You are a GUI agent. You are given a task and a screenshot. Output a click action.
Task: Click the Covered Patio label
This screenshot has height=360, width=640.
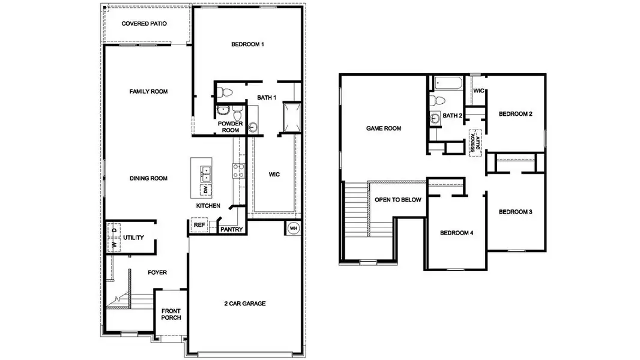pyautogui.click(x=144, y=24)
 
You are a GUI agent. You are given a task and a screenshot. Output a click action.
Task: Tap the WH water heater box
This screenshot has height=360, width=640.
pyautogui.click(x=294, y=228)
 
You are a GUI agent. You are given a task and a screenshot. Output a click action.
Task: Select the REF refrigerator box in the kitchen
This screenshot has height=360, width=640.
pyautogui.click(x=198, y=226)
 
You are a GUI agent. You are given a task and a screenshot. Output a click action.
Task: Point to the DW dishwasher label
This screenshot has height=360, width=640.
pyautogui.click(x=205, y=190)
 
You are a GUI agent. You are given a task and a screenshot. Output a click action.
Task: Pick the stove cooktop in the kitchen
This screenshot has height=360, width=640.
pyautogui.click(x=238, y=171)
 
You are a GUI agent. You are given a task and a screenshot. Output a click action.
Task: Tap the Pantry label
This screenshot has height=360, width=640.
pyautogui.click(x=231, y=229)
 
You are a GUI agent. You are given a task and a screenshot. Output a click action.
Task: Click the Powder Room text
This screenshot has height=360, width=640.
pyautogui.click(x=230, y=127)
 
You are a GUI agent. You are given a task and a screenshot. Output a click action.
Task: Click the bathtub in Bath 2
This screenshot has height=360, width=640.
pyautogui.click(x=445, y=83)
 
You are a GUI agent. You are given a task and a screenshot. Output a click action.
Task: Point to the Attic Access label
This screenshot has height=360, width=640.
pyautogui.click(x=476, y=142)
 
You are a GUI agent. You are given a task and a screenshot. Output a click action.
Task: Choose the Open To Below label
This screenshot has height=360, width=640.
pyautogui.click(x=397, y=200)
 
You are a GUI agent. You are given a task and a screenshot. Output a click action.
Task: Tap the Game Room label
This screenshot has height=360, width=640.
pyautogui.click(x=384, y=128)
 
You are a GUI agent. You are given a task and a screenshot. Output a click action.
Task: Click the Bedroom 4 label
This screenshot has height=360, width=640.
pyautogui.click(x=456, y=233)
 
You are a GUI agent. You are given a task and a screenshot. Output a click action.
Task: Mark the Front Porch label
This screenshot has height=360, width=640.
pyautogui.click(x=171, y=314)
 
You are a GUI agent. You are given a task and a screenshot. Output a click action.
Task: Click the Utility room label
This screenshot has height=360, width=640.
pyautogui.click(x=133, y=238)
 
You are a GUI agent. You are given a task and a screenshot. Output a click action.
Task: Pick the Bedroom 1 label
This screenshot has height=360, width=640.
pyautogui.click(x=247, y=44)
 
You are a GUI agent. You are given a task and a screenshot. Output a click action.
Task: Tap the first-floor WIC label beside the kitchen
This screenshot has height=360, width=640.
pyautogui.click(x=274, y=174)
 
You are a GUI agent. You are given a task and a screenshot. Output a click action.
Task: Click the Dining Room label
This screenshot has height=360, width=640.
pyautogui.click(x=148, y=178)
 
